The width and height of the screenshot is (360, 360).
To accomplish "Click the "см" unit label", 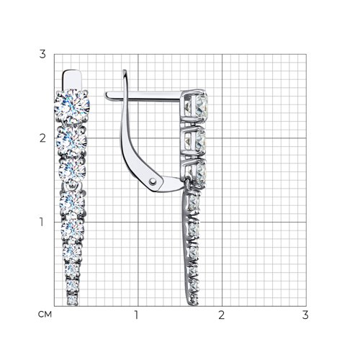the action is [45, 315].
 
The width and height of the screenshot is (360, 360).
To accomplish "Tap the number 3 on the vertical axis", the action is [42, 54].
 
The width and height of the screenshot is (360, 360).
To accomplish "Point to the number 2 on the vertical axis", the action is [42, 138].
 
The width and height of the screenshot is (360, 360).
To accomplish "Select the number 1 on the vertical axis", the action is [42, 222].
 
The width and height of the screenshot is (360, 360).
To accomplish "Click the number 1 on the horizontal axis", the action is [137, 315].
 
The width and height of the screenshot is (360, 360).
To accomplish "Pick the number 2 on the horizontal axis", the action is [222, 315].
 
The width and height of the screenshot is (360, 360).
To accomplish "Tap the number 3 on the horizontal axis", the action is [305, 315].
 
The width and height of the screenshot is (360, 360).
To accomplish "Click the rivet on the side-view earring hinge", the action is [153, 181].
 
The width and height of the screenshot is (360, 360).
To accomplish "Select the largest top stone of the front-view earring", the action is [72, 107].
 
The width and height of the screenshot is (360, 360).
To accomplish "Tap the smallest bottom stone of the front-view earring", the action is [73, 300].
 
